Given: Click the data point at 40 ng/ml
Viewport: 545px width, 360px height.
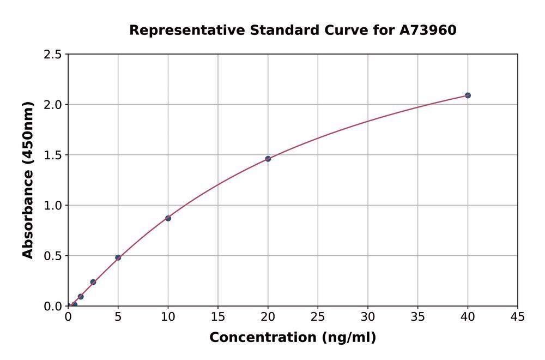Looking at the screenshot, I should (468, 95).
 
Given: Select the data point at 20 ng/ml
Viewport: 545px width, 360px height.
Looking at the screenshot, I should (268, 159).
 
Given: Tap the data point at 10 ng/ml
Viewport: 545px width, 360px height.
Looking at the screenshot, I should (168, 218).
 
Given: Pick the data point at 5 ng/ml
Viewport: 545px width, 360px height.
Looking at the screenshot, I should (118, 257).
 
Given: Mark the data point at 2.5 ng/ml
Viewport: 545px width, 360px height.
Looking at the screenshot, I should (93, 282).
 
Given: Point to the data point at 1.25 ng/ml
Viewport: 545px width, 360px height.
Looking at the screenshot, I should (81, 297).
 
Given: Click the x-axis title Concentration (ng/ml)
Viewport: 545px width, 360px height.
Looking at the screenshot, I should (293, 338).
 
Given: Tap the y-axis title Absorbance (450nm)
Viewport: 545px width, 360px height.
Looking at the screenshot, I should (28, 180).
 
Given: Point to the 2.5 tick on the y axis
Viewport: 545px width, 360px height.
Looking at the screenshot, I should (53, 55).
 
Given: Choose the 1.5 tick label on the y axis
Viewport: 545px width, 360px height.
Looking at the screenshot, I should (53, 155).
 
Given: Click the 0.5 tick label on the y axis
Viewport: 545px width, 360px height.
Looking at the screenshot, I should (53, 256).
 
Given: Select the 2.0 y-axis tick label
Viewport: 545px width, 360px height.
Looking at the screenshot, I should (53, 105).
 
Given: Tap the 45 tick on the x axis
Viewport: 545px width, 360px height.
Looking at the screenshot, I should (518, 317).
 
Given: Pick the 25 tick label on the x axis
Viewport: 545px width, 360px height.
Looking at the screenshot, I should (318, 317).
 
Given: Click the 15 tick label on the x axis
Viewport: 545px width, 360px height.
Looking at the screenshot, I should (218, 317).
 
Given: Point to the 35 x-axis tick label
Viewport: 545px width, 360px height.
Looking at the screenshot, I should (418, 317).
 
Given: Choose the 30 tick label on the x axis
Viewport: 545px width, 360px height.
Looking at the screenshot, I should (368, 317).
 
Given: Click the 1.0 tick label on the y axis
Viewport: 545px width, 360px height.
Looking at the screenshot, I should (53, 206).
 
